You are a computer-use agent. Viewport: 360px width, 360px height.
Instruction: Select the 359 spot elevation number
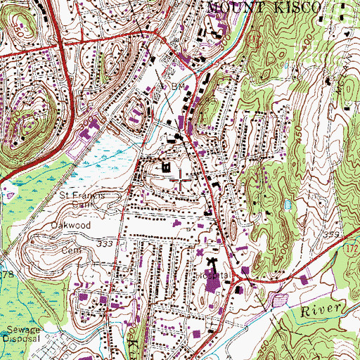pos(332,235)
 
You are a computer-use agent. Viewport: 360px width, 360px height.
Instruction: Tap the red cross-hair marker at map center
pos(180,180)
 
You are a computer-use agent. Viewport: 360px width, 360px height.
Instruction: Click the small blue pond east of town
pos(288,205)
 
